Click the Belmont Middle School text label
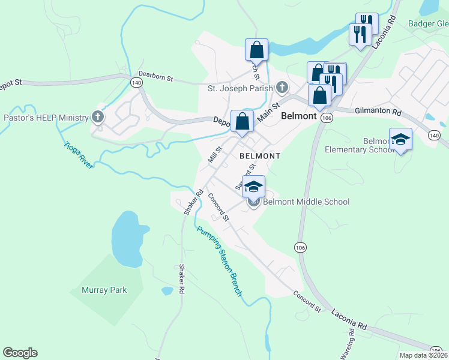coord(306,202)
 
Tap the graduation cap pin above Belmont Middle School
coord(253,187)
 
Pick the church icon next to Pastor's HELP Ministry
coord(98,118)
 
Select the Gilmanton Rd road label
coord(377,112)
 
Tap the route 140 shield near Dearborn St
coord(137,83)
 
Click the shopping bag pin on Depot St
coord(241,122)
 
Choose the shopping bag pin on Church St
coord(256,50)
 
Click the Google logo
coord(20,353)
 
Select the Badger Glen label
coord(428,24)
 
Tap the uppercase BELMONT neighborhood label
coord(260,155)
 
